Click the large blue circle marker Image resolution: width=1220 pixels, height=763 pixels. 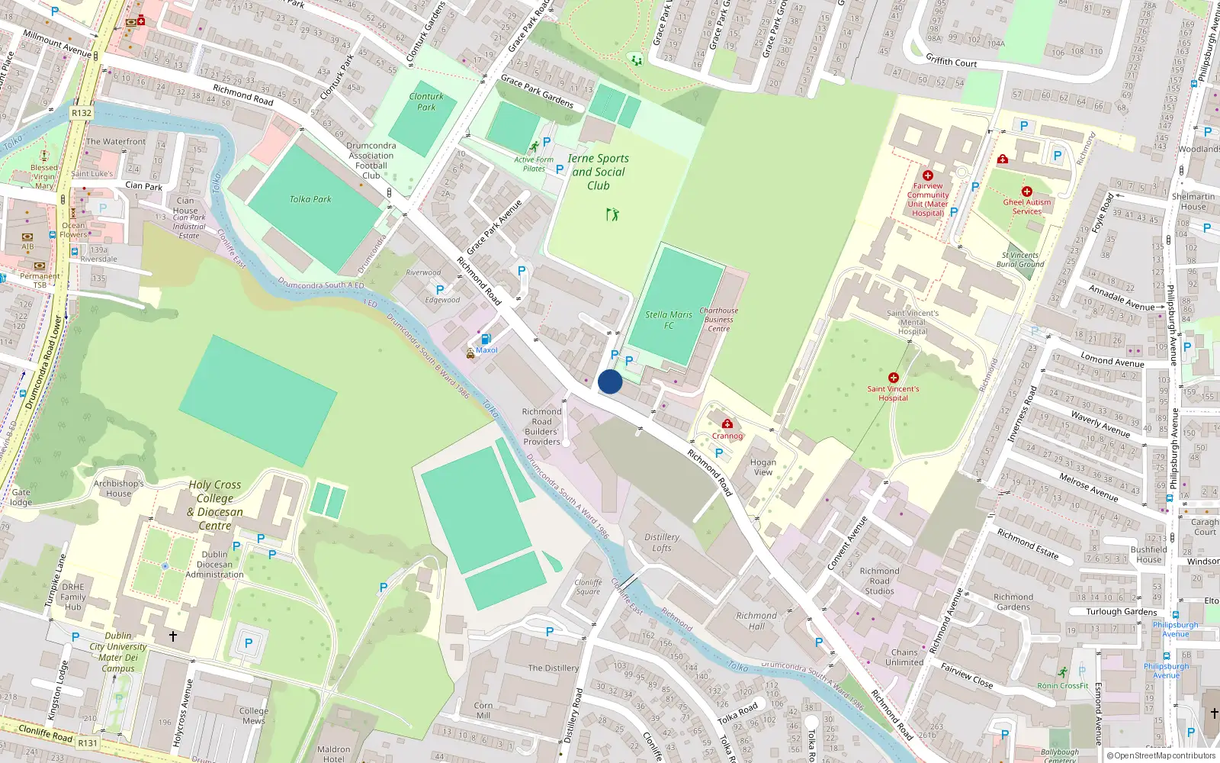[x=610, y=381]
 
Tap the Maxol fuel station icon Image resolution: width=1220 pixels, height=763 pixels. [x=486, y=340]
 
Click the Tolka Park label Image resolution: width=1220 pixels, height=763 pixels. [x=310, y=199]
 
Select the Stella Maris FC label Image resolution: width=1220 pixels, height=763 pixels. [x=669, y=320]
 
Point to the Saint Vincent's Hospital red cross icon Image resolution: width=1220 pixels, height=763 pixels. [x=894, y=378]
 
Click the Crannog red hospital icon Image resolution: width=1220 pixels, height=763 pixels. [x=727, y=424]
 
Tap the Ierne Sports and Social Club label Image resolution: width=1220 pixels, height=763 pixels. [x=599, y=172]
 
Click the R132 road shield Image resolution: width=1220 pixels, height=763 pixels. [x=82, y=113]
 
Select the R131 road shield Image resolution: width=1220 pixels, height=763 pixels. [x=88, y=742]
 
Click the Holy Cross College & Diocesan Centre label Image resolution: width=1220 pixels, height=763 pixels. [x=215, y=505]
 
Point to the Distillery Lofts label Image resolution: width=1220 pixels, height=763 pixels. [x=662, y=542]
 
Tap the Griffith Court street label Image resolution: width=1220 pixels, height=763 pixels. [x=951, y=60]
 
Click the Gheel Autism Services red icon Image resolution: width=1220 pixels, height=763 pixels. [x=1027, y=192]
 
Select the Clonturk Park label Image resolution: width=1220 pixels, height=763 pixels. [x=426, y=101]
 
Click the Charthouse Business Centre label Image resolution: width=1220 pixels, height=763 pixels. [x=718, y=319]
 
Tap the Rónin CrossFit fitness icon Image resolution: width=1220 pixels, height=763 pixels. [x=1063, y=672]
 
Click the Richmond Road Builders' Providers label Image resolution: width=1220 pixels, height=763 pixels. [x=541, y=427]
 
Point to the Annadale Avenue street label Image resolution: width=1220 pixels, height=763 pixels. [x=1121, y=298]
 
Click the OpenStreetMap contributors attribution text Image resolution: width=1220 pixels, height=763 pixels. [x=1161, y=755]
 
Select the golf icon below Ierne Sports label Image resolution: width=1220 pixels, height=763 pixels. [x=612, y=214]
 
